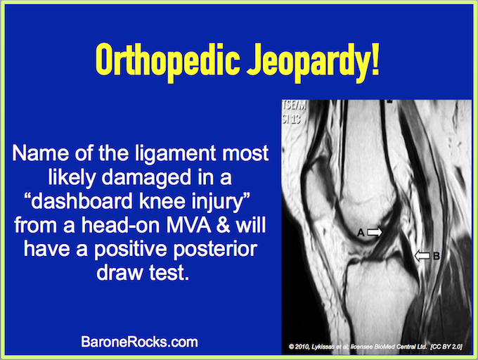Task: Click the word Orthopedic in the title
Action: click(167, 60)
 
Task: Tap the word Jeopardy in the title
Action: click(307, 62)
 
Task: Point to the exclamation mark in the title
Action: click(375, 58)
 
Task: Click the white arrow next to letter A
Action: click(375, 232)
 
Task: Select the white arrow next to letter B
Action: click(422, 256)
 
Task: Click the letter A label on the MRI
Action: click(361, 233)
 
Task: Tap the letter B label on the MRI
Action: click(437, 256)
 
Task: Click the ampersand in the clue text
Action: click(224, 226)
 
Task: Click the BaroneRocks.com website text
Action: click(139, 342)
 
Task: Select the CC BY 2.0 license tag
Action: click(446, 347)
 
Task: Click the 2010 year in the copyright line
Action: click(302, 347)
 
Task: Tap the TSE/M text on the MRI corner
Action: click(294, 105)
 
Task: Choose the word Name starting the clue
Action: click(40, 153)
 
